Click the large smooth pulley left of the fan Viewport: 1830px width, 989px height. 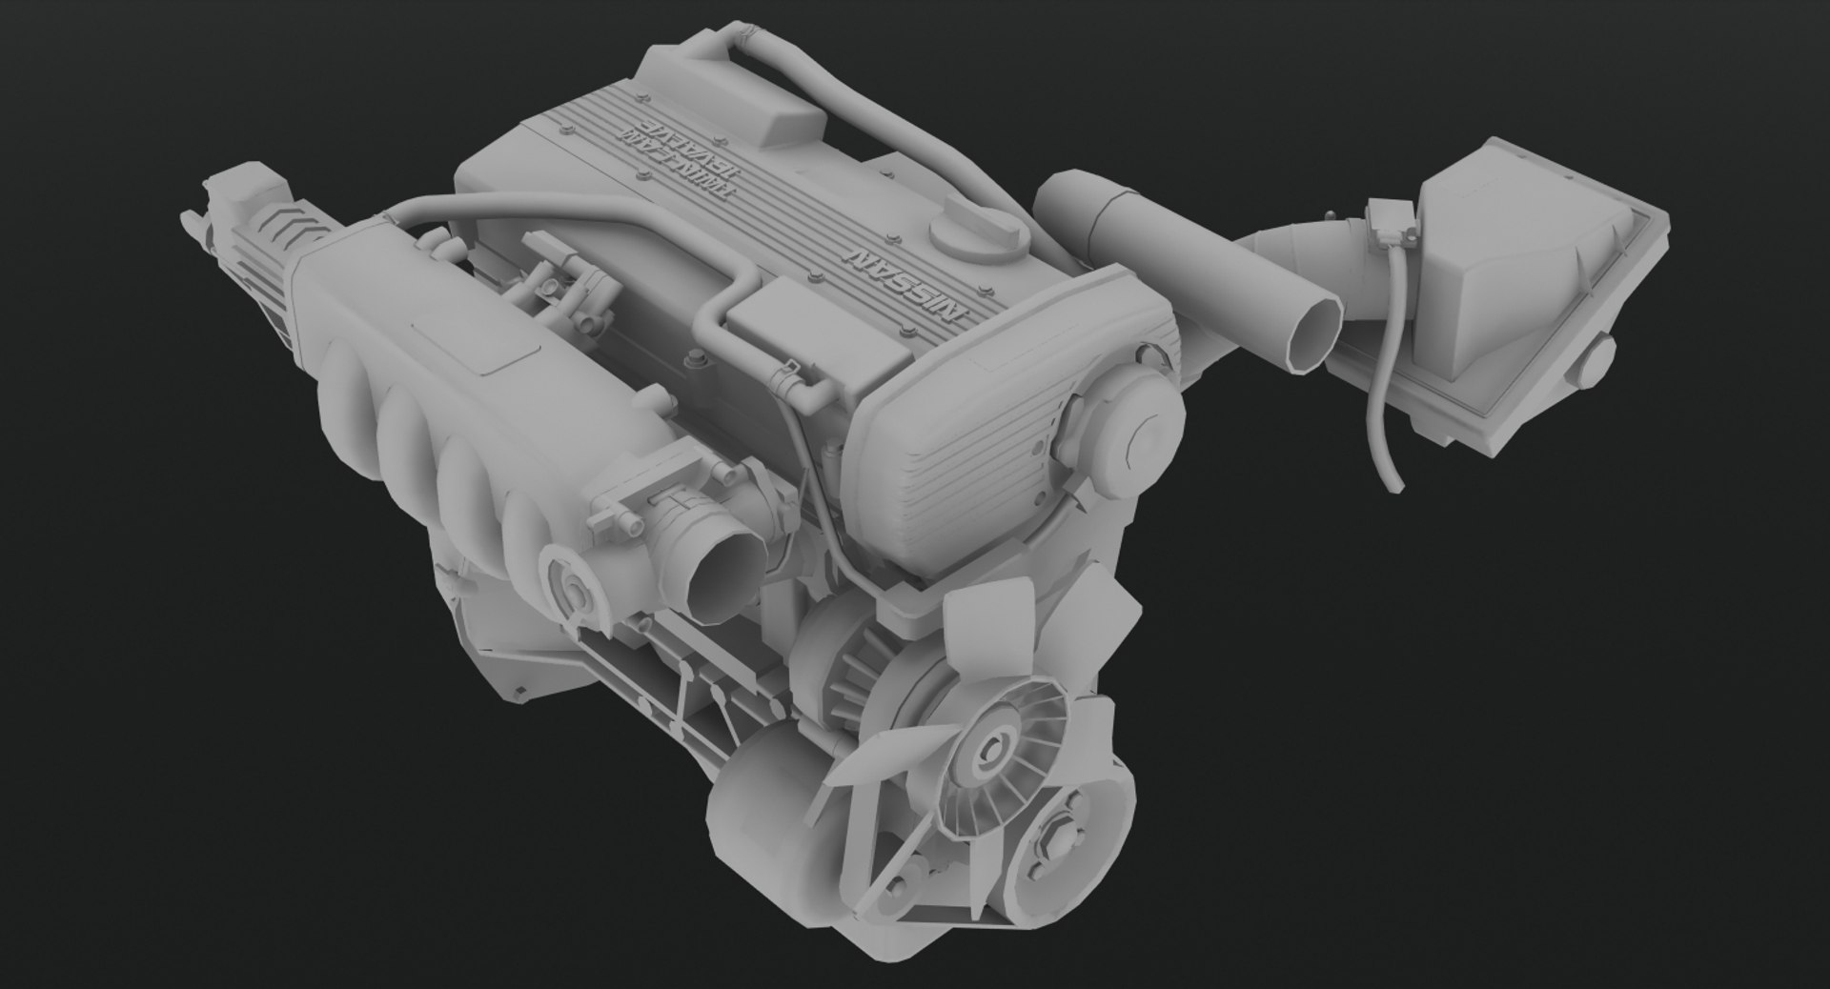tap(762, 819)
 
